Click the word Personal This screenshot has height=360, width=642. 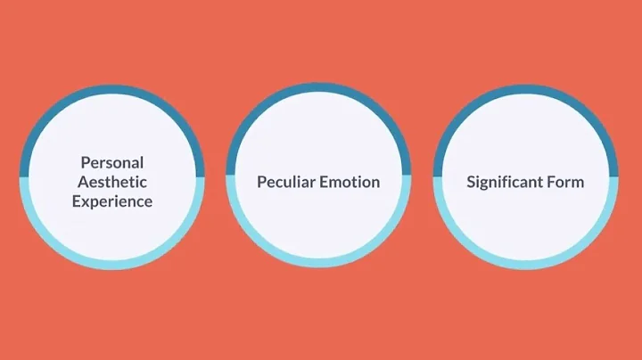point(112,163)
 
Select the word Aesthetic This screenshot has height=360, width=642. point(112,182)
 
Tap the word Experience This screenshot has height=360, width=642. point(112,201)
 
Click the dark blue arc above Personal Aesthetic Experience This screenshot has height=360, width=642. point(112,91)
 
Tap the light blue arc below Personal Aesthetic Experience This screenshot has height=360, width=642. point(112,264)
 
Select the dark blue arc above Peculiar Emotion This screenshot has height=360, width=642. point(318,91)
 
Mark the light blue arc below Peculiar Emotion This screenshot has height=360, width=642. point(318,264)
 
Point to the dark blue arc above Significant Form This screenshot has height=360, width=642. point(525,91)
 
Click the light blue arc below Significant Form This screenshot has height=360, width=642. point(525,264)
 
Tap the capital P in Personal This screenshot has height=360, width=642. point(85,163)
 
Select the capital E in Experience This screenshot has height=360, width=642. point(77,201)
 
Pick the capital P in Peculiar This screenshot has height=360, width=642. point(261,182)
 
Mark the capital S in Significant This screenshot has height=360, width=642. point(471,182)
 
